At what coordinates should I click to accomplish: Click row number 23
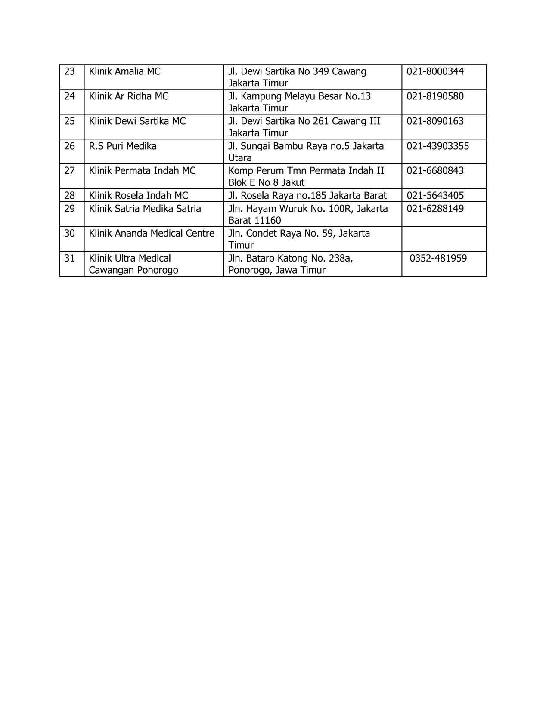point(69,71)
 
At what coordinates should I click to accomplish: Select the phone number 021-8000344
point(435,71)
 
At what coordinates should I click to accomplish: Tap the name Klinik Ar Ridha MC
point(128,96)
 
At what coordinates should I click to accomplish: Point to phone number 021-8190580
point(435,96)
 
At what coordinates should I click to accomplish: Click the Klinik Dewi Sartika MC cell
point(137,121)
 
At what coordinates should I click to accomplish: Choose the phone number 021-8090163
point(435,121)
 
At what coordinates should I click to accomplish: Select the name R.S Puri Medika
point(122,146)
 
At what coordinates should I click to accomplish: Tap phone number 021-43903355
point(437,146)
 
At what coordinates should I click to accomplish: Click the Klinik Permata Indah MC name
point(142,171)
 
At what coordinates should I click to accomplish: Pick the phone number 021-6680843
point(435,171)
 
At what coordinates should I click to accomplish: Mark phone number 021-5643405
point(435,196)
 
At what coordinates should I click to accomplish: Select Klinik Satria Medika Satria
point(145,209)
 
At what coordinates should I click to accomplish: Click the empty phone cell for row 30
point(444,239)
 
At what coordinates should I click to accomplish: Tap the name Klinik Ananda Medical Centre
point(151,234)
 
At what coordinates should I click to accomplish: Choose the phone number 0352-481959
point(438,259)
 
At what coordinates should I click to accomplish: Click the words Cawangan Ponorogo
point(133,270)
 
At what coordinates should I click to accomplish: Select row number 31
point(69,259)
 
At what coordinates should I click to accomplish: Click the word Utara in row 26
point(240,158)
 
